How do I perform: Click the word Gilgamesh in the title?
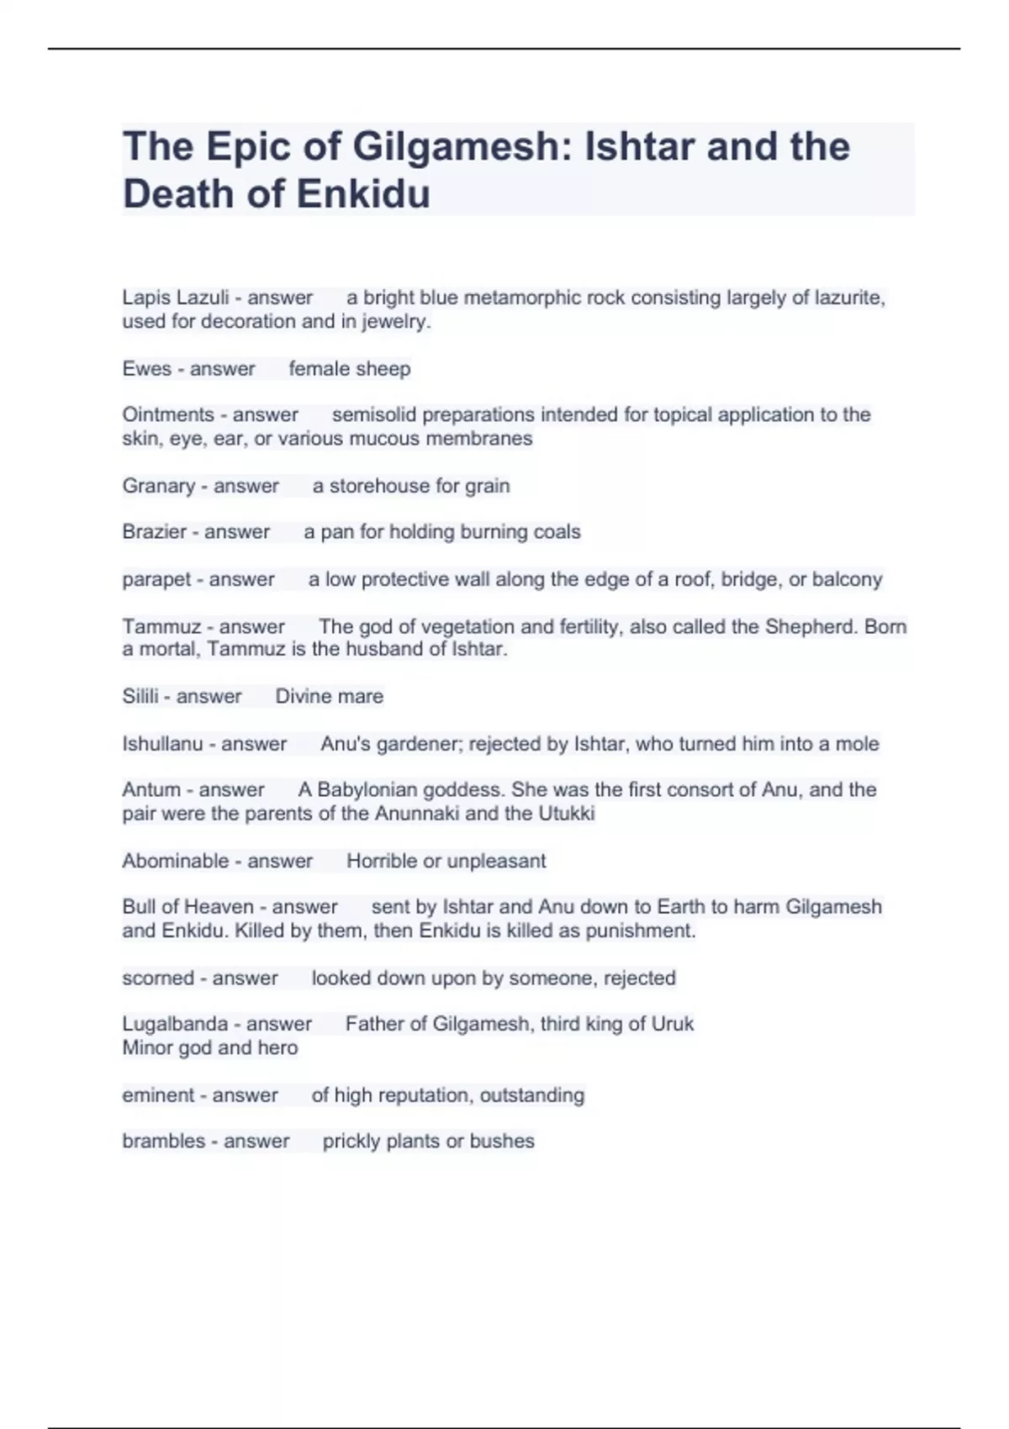pyautogui.click(x=454, y=147)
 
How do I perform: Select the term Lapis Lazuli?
pyautogui.click(x=175, y=298)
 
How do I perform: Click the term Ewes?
pyautogui.click(x=146, y=369)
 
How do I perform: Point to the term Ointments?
pyautogui.click(x=168, y=414)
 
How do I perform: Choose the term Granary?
pyautogui.click(x=158, y=486)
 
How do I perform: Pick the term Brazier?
pyautogui.click(x=154, y=532)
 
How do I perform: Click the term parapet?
pyautogui.click(x=156, y=579)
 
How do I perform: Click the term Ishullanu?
pyautogui.click(x=162, y=744)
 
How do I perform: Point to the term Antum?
pyautogui.click(x=151, y=790)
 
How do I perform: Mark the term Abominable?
pyautogui.click(x=175, y=861)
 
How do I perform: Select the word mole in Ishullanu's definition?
pyautogui.click(x=857, y=744)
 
